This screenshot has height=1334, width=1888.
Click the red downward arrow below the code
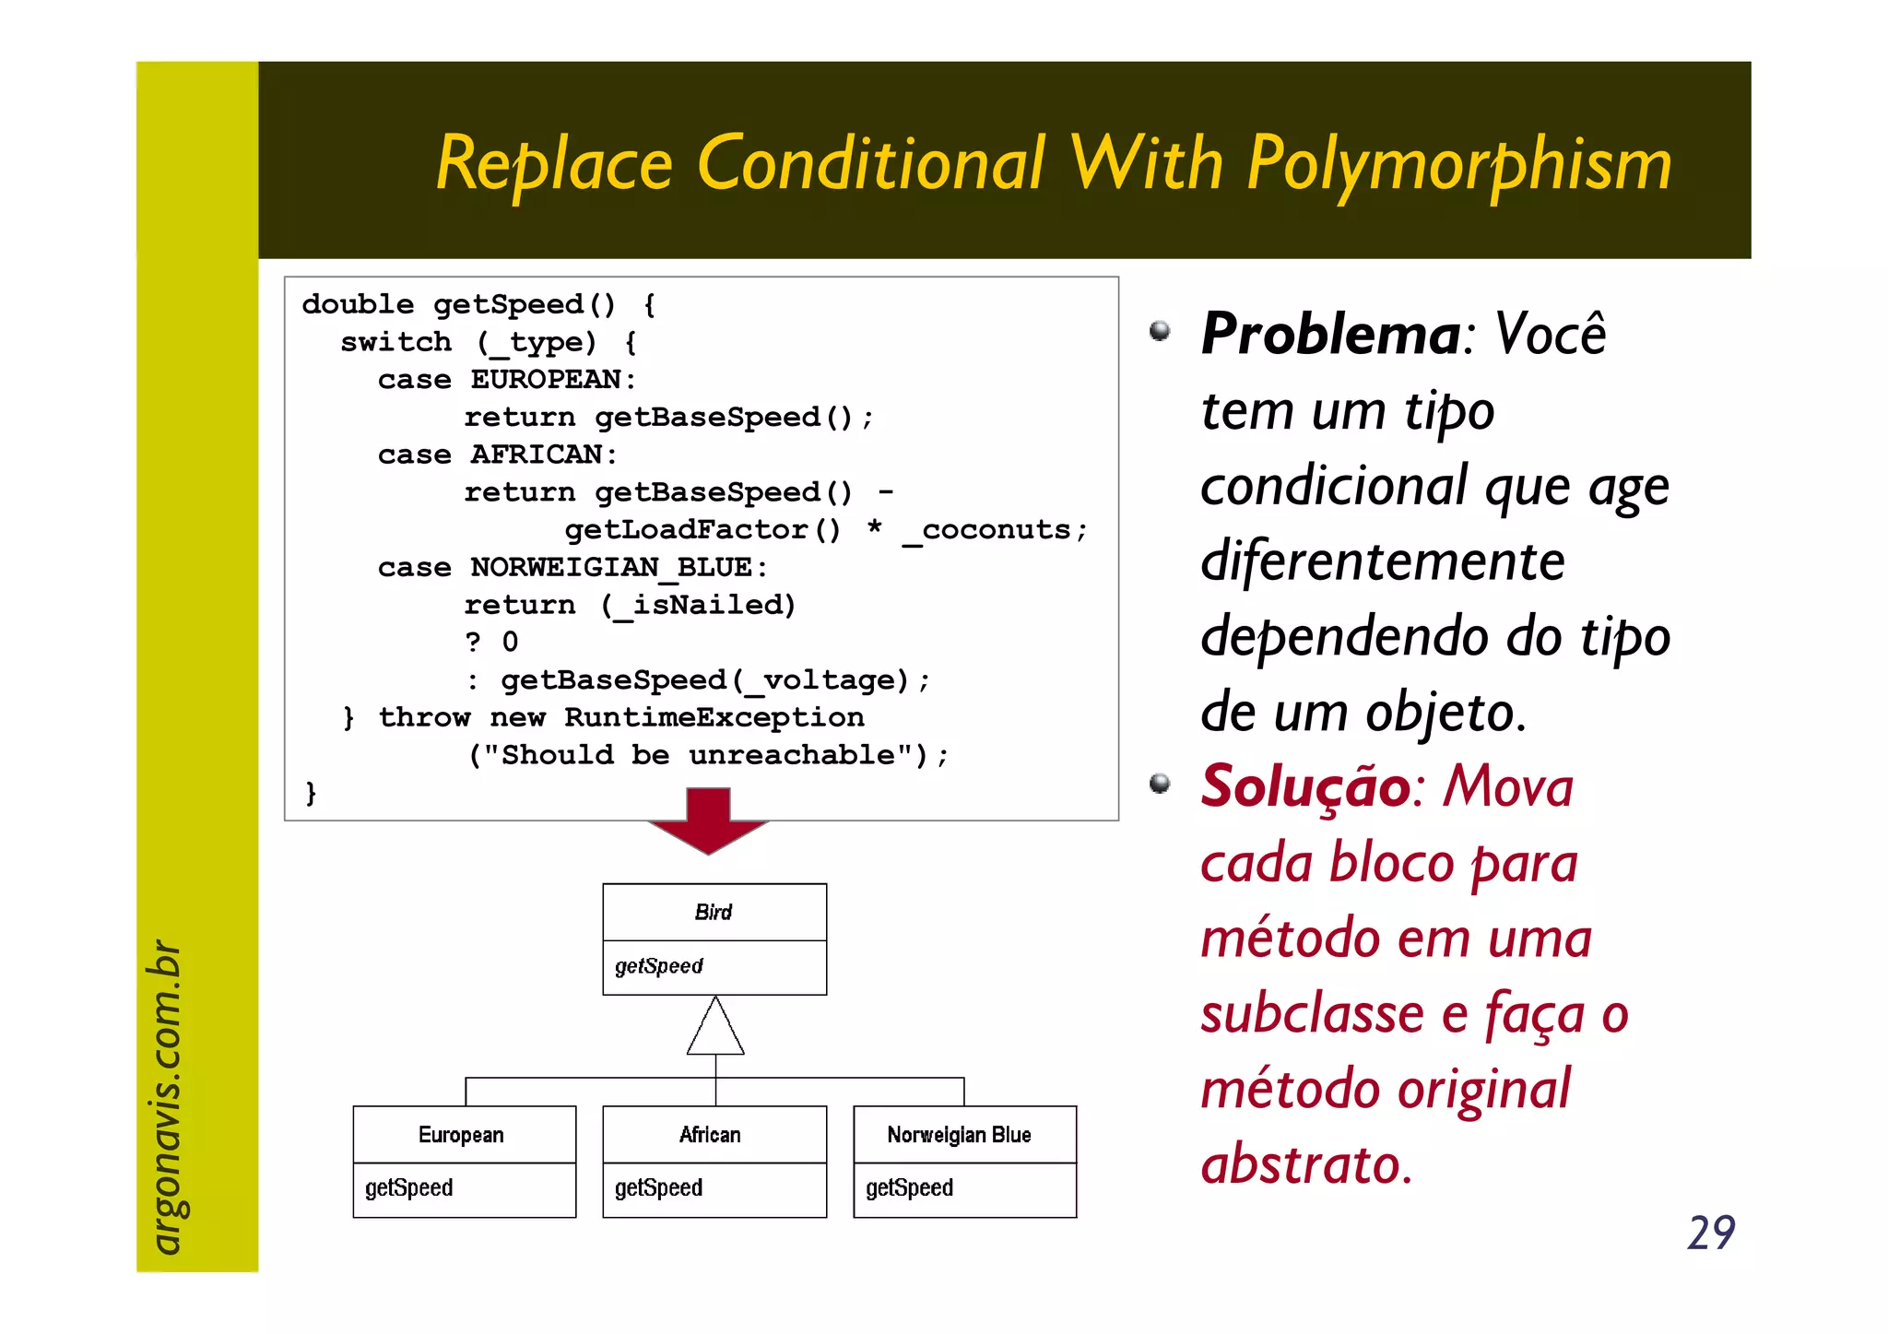tap(708, 820)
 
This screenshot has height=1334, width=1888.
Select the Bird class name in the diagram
tap(714, 913)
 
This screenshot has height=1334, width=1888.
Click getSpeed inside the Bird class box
tap(659, 966)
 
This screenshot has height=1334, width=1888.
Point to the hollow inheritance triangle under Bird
tap(715, 1028)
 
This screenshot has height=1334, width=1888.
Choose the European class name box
tap(462, 1135)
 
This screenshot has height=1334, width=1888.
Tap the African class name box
tap(710, 1135)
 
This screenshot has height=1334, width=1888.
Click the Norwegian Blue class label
tap(959, 1135)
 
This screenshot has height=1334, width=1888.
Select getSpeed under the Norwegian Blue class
tap(909, 1188)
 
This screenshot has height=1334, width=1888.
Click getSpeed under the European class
tap(409, 1188)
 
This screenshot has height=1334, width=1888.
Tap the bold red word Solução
tap(1305, 786)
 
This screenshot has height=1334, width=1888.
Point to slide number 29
tap(1711, 1233)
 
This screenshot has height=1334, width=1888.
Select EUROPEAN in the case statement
tap(546, 380)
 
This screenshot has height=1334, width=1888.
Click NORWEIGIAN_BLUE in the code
tap(611, 568)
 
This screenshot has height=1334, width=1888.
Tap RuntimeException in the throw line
tap(714, 717)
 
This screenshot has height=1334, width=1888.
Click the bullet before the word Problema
tap(1160, 331)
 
